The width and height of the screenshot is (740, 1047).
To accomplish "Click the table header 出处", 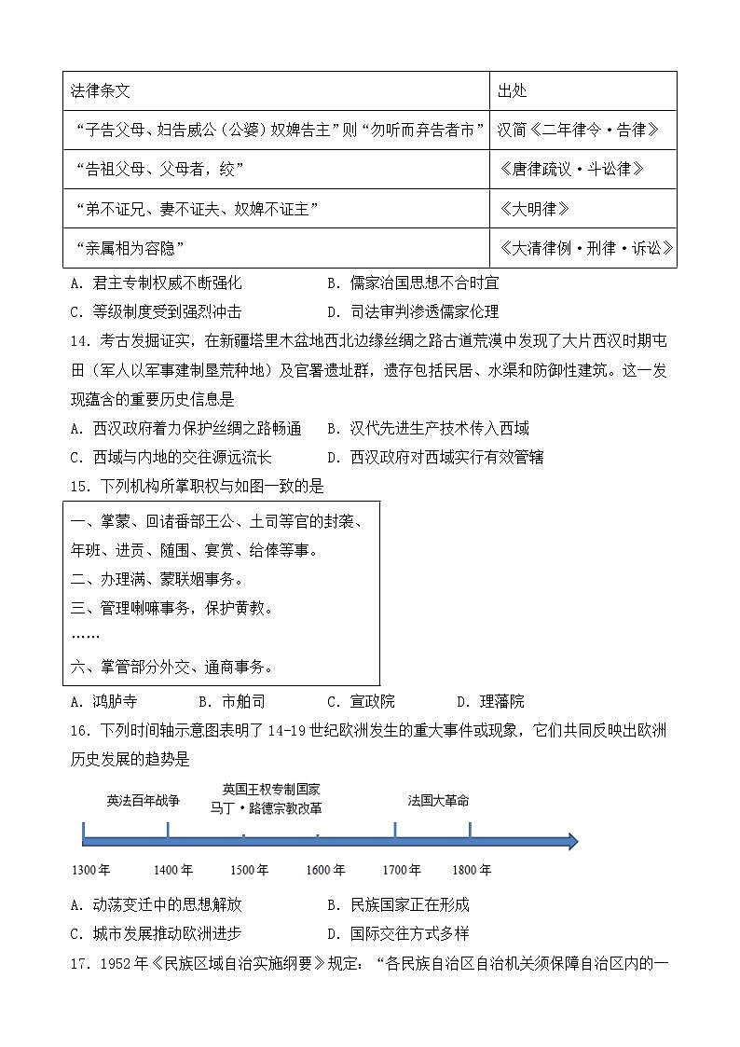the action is (513, 91).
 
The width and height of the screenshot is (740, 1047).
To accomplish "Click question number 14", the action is (80, 340).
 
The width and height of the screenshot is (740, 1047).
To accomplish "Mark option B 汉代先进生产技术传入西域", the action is (428, 429).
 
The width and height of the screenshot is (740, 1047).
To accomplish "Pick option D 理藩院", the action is (490, 702).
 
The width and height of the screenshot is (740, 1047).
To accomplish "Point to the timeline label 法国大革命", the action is (438, 800).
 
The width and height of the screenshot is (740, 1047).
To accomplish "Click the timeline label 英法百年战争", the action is (143, 800).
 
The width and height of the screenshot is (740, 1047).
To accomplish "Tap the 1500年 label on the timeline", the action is (249, 870).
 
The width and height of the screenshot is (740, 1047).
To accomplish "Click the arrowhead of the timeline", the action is (569, 842).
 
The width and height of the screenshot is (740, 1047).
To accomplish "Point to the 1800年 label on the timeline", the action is (472, 870).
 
